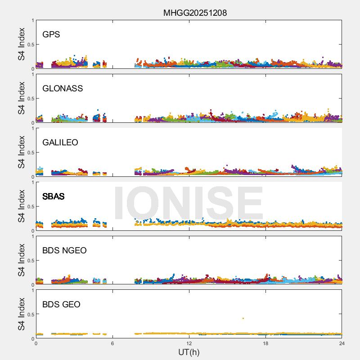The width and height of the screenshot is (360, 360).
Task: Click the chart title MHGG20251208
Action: click(x=195, y=13)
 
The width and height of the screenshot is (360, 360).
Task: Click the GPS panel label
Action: click(x=51, y=35)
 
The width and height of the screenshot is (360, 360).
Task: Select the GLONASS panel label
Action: click(x=63, y=89)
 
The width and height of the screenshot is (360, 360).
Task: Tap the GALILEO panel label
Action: click(x=60, y=143)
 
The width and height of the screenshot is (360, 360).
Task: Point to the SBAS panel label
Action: click(x=54, y=197)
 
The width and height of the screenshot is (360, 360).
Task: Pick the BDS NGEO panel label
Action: click(x=64, y=251)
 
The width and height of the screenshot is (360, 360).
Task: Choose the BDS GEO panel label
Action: click(x=61, y=305)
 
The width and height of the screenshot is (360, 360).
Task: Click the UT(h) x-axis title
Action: click(x=189, y=352)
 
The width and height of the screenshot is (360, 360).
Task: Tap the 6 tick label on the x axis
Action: click(x=112, y=343)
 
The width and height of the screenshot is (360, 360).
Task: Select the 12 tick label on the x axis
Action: click(x=189, y=343)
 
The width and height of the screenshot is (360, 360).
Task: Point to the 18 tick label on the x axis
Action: click(x=265, y=343)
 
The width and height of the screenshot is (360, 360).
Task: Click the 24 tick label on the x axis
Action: click(x=342, y=343)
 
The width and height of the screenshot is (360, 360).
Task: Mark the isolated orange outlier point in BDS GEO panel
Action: click(x=243, y=319)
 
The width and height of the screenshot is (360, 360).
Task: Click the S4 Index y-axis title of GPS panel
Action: click(x=21, y=45)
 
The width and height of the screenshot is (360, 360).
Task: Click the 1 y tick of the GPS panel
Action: click(x=32, y=21)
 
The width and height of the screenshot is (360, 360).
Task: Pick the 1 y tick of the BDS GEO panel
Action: click(x=32, y=291)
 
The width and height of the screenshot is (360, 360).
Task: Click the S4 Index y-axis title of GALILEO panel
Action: click(x=21, y=153)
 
